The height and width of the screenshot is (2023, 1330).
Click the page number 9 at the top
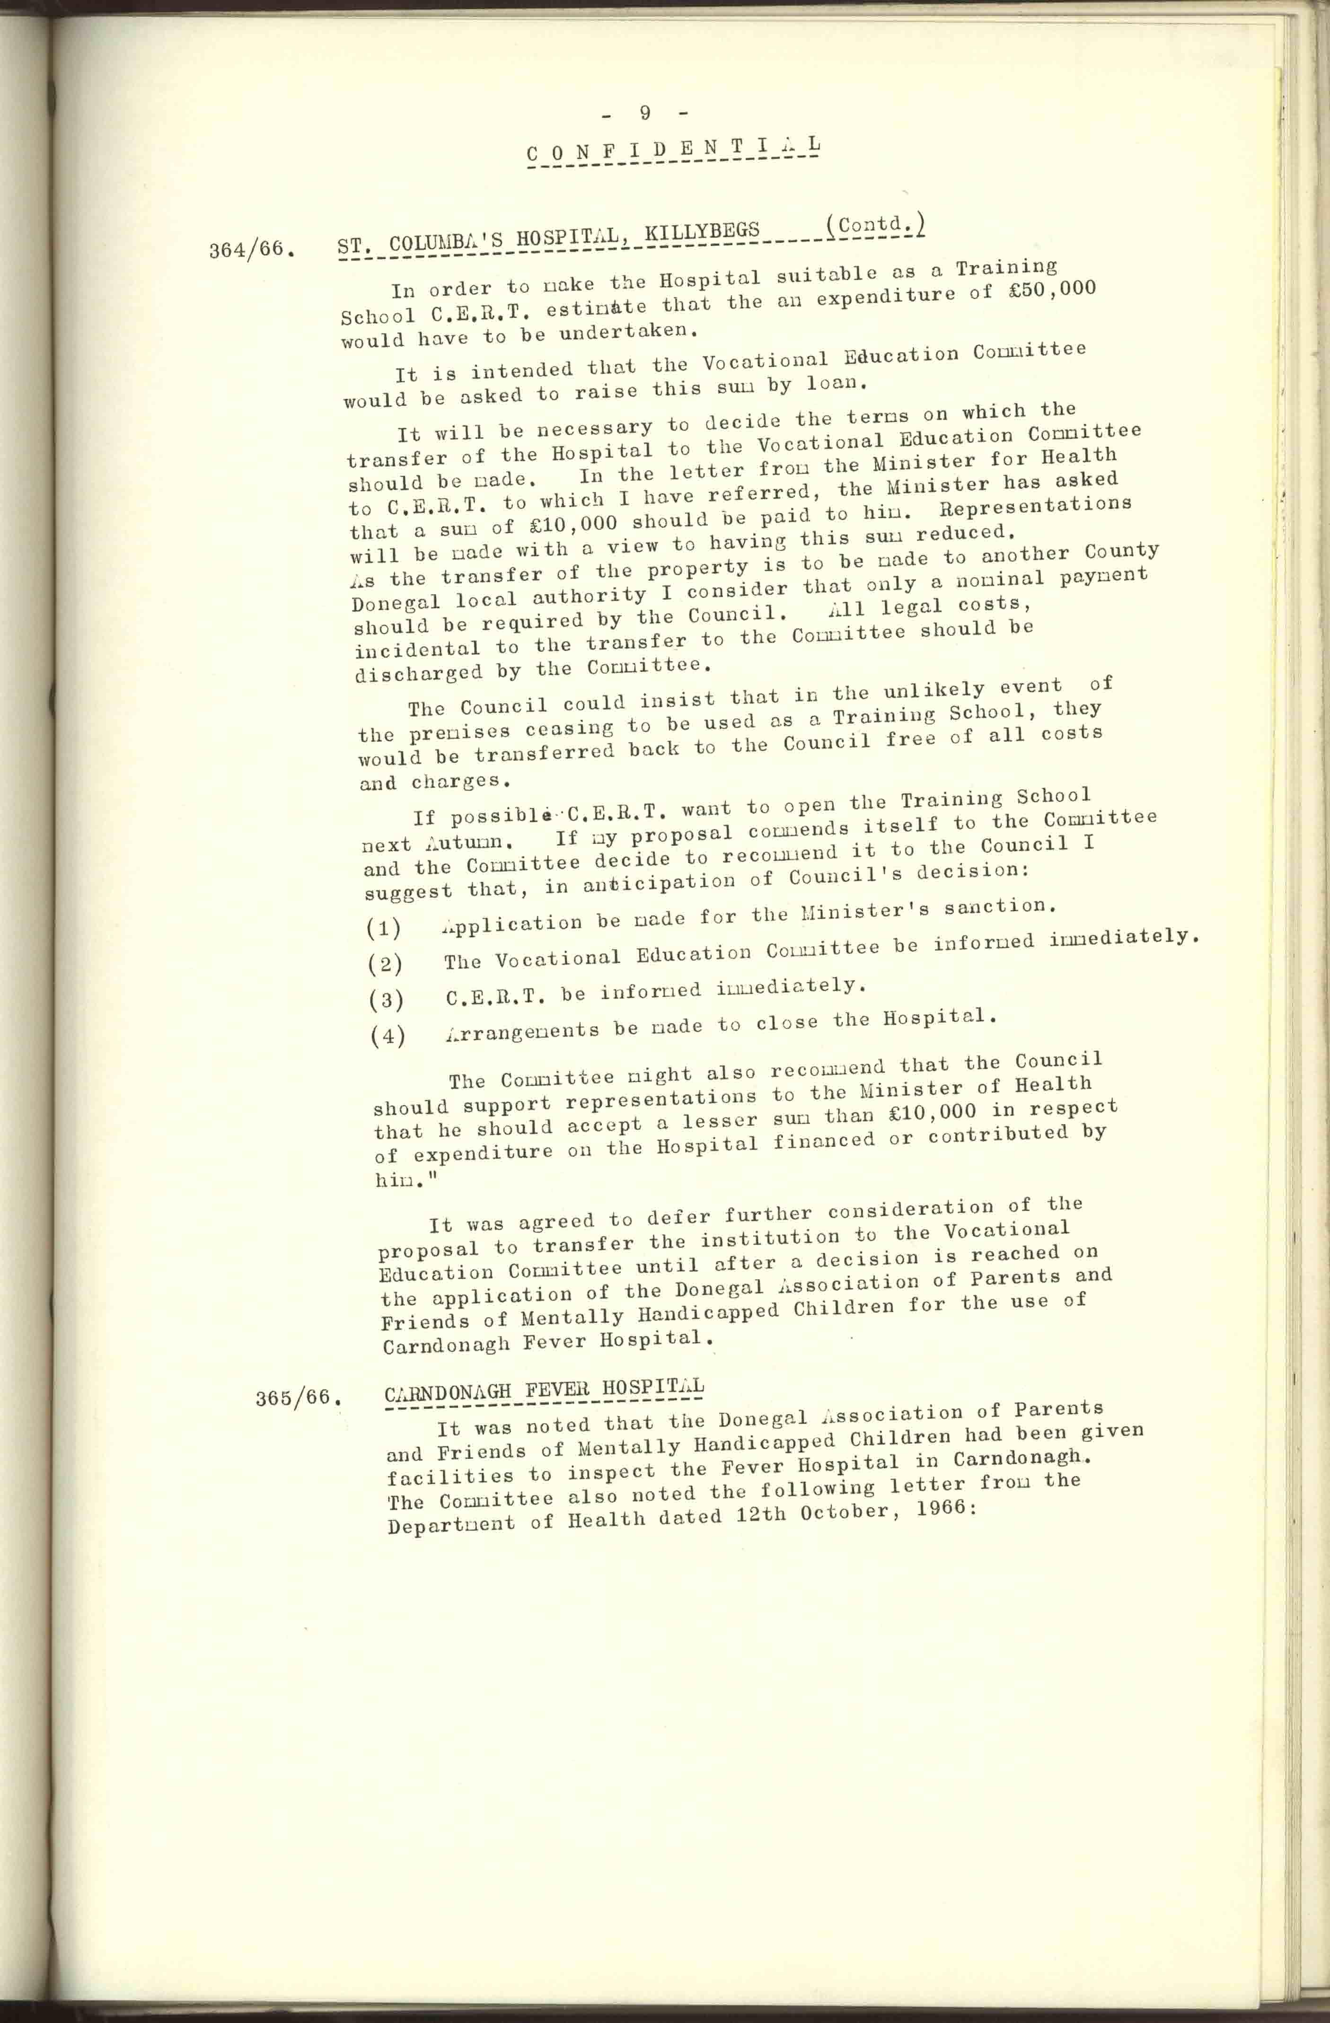click(645, 113)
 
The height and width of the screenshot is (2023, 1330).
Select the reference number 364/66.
click(252, 251)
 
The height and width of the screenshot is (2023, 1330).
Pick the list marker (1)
click(384, 926)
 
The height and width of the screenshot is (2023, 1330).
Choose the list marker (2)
click(385, 963)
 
